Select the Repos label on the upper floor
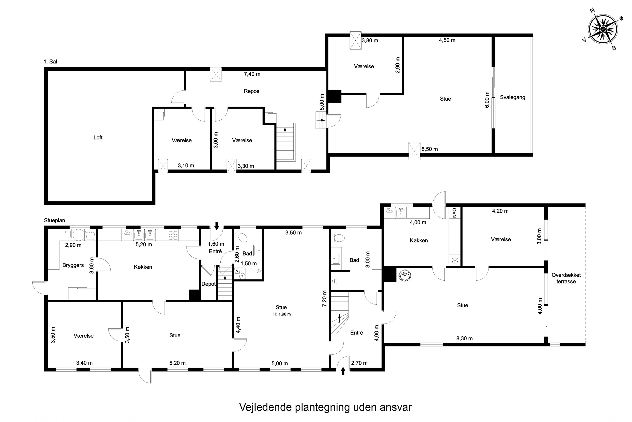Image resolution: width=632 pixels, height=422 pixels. pos(252,91)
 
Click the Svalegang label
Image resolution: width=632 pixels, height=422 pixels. pos(512,97)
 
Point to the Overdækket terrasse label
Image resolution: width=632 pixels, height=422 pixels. pos(566,278)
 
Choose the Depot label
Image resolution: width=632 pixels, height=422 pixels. pos(209,284)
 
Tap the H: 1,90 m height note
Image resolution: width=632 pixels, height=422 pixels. pos(282,314)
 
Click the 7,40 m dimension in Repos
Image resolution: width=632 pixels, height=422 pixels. pos(252,74)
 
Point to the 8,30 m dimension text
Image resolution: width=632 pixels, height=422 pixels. pos(464,339)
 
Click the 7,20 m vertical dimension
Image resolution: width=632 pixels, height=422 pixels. pos(325,298)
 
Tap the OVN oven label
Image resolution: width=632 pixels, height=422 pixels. pos(455,213)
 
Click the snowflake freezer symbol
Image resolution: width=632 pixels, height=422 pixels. pos(455,260)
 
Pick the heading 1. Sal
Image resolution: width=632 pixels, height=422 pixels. pos(50,62)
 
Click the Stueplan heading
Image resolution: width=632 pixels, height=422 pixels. pos(55,220)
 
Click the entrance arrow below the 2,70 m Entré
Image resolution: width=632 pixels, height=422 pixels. pos(343,371)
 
